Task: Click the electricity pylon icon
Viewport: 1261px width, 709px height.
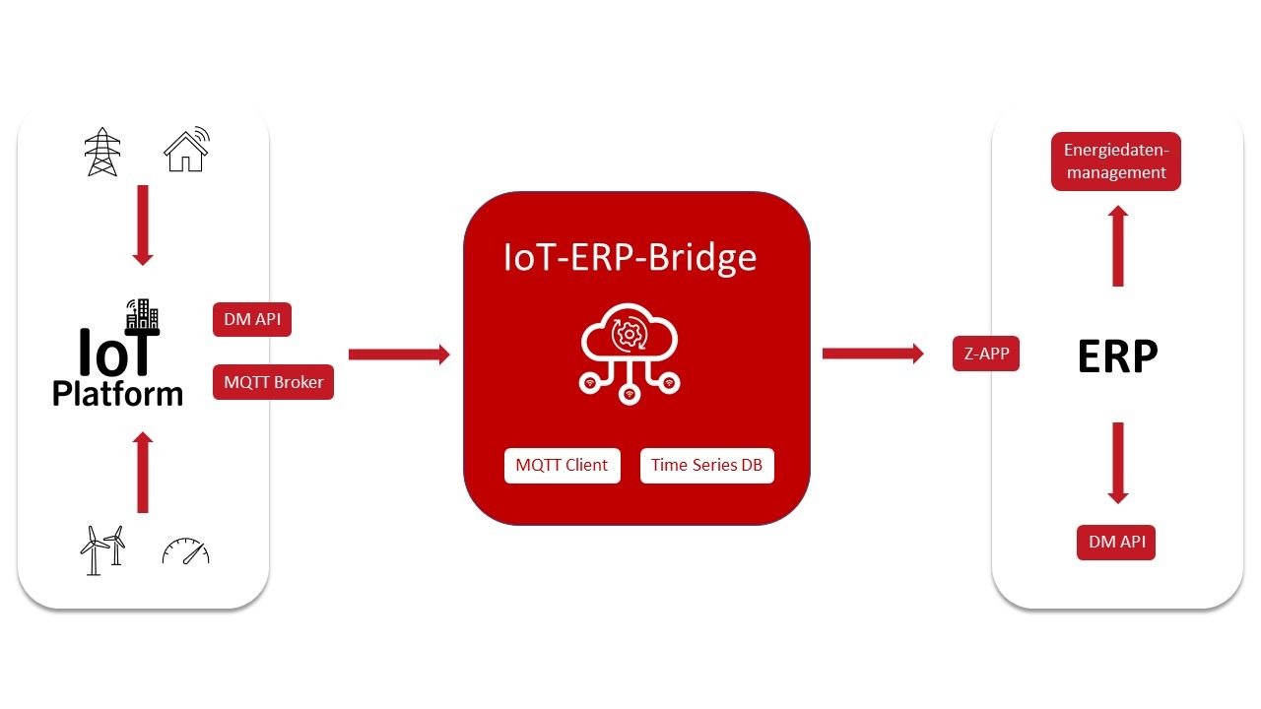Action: click(101, 151)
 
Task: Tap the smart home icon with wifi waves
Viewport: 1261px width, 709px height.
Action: click(186, 149)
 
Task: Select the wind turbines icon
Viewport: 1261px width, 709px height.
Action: click(102, 549)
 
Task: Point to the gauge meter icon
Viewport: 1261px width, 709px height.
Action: click(186, 551)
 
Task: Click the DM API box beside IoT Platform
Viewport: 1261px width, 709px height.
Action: click(252, 320)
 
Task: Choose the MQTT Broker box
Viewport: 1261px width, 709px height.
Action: click(273, 382)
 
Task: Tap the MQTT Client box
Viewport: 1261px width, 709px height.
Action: click(562, 465)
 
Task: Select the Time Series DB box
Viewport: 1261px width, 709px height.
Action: click(706, 465)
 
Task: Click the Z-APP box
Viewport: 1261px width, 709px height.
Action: click(985, 354)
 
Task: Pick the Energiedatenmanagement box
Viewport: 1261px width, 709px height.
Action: click(1115, 161)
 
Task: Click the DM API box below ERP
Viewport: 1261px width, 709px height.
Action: click(1115, 543)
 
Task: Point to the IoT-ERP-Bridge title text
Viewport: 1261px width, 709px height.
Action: click(630, 257)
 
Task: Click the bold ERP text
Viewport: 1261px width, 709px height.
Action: click(1117, 356)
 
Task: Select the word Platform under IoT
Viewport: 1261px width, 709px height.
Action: click(117, 394)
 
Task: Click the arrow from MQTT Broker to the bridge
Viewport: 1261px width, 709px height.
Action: click(398, 354)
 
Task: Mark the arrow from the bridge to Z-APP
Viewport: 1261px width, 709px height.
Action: click(872, 354)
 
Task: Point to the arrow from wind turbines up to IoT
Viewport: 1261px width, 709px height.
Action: click(143, 473)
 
